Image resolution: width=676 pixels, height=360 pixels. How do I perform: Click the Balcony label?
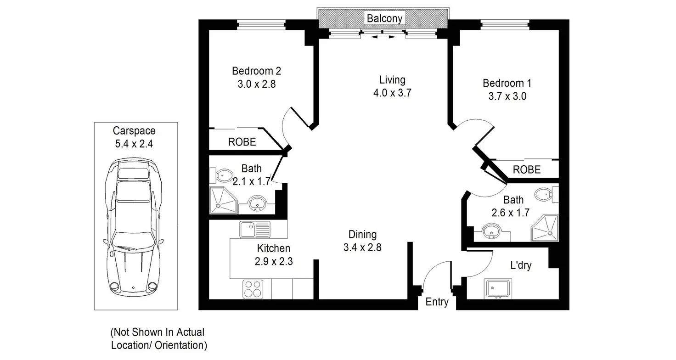pos(384,18)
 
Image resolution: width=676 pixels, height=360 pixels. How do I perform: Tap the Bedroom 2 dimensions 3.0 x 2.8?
pos(257,84)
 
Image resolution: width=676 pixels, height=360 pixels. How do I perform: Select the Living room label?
pos(392,79)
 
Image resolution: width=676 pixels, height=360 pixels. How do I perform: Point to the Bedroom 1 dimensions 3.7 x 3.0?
pos(507,96)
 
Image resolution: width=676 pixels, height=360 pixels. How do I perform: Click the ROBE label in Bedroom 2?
pos(242,142)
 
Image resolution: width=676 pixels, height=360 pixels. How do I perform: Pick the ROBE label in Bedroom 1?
pos(527,169)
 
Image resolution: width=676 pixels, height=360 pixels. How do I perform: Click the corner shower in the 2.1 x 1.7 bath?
pos(223,200)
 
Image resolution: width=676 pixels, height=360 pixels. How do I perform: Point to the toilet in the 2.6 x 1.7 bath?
pos(546,194)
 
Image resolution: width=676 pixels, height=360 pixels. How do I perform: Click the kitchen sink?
pos(255,229)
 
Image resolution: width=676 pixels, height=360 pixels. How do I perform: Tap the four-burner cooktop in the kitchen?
pos(253,289)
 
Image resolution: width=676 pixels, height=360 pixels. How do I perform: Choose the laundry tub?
pos(498,288)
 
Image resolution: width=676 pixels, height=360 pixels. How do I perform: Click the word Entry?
pos(437,302)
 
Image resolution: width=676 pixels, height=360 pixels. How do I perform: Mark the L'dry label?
pos(521,265)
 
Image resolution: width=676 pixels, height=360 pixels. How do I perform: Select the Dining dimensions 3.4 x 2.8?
pos(362,247)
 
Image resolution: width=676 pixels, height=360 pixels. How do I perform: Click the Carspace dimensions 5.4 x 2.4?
pos(134,144)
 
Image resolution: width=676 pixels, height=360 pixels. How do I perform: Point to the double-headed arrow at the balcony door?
pos(383,37)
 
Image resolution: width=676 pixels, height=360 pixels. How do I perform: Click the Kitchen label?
pos(273,248)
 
